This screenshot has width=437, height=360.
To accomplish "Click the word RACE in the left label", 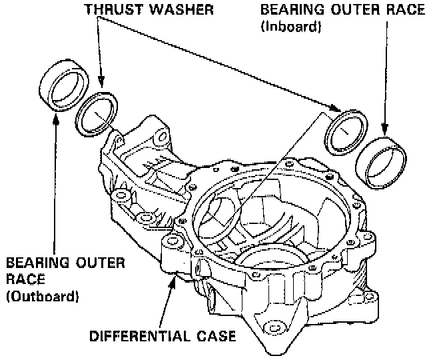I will click(x=23, y=278).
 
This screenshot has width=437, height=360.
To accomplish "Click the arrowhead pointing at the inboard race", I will click(x=384, y=129).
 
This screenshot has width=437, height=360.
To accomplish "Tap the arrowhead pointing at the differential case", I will click(x=175, y=278).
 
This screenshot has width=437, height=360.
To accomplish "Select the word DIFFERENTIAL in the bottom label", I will click(x=137, y=335).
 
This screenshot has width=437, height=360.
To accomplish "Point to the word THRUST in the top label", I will click(x=108, y=9).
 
